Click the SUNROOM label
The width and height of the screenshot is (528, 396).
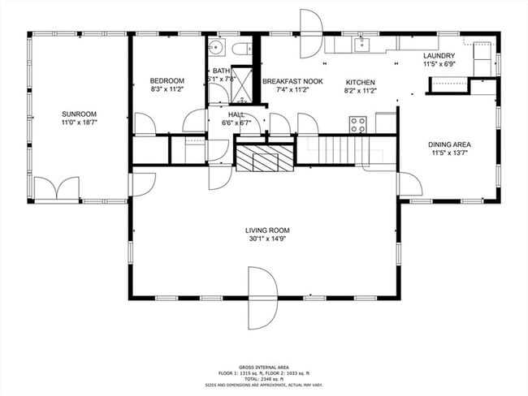pos(79,114)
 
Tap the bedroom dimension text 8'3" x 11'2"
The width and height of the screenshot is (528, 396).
pos(167,91)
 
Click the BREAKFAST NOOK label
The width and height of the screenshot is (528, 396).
pos(293,82)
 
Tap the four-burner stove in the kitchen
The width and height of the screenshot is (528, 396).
pos(357,124)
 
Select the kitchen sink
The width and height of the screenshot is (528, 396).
pos(364,44)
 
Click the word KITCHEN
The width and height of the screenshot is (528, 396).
pos(360,82)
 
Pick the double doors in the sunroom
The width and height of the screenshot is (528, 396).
pos(56,189)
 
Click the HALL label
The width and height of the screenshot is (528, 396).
pos(236,114)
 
